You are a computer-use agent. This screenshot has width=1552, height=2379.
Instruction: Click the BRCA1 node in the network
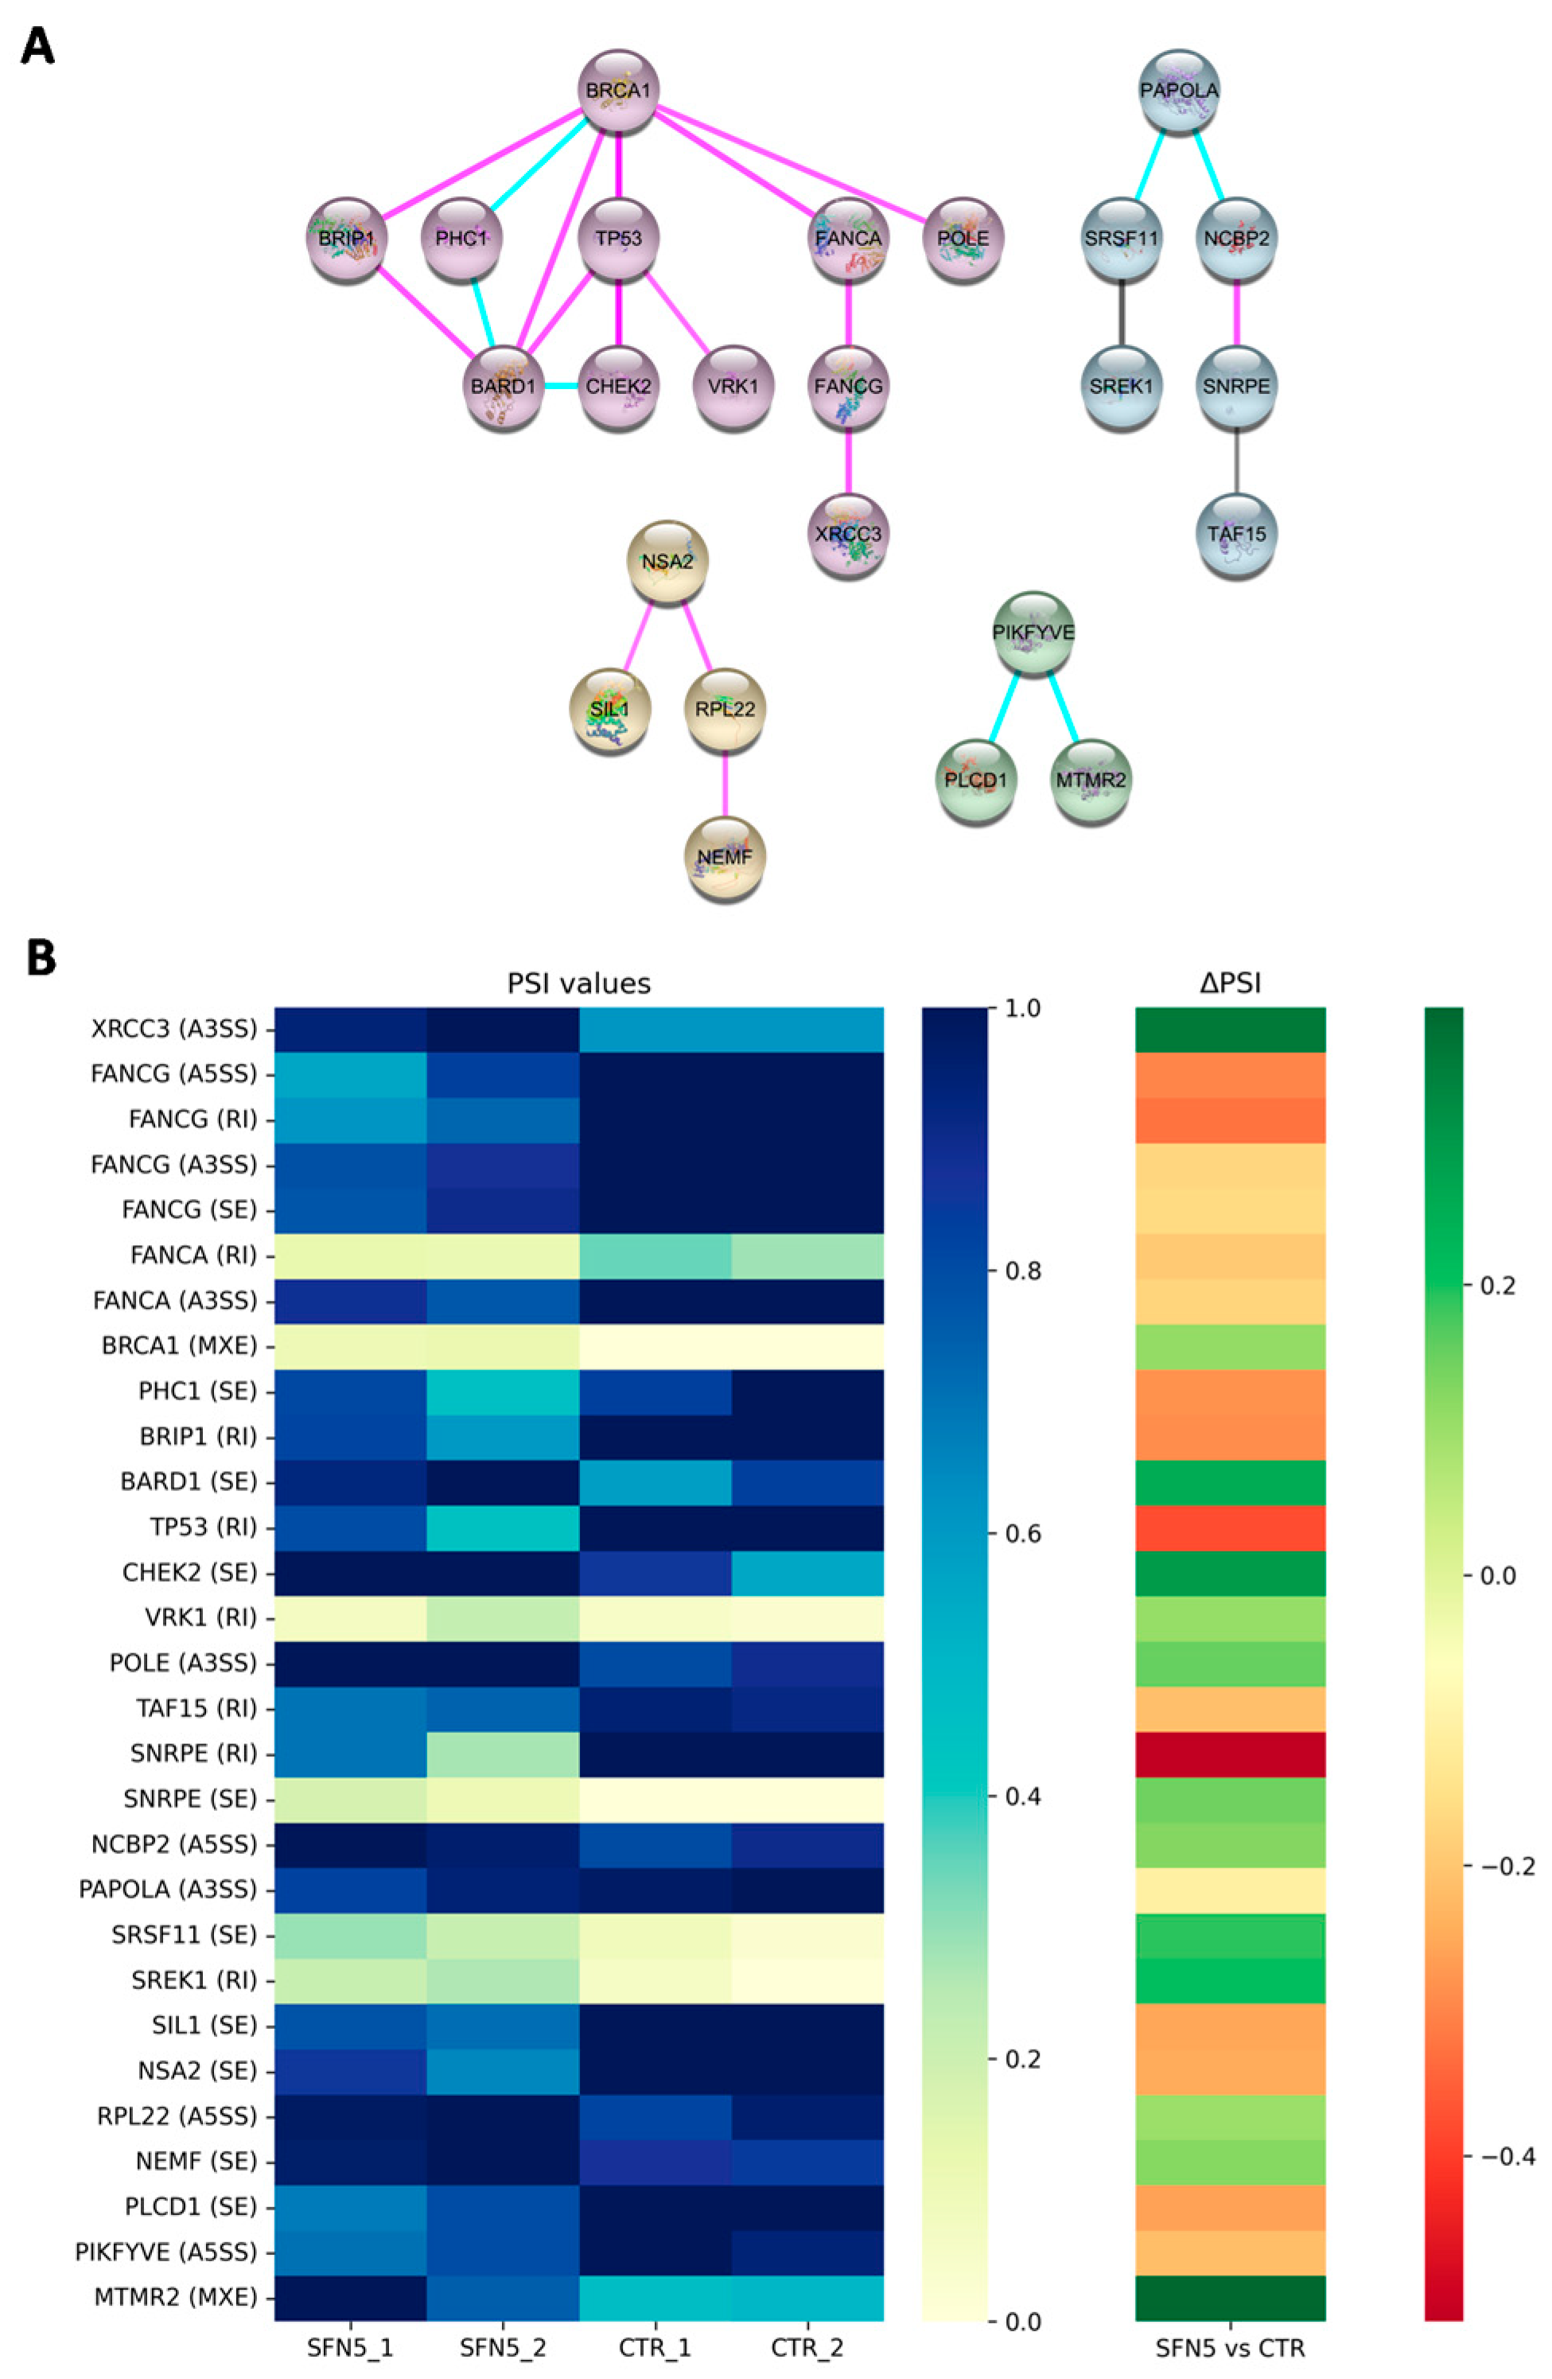619,91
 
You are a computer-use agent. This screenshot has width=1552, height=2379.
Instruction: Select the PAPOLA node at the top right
1179,91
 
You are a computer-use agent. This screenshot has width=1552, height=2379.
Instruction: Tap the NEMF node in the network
725,858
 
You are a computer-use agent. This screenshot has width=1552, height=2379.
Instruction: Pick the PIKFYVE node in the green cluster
1033,633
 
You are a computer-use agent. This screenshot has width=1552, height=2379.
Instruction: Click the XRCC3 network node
847,534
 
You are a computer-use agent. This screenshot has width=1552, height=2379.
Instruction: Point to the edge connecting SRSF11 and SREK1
1122,312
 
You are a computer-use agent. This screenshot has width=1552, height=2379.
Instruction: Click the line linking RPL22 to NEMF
725,784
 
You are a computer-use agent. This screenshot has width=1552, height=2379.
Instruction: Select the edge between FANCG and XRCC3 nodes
847,460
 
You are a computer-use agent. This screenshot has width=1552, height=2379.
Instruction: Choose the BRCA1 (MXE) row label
179,1345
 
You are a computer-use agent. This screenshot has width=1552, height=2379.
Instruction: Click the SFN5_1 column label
350,2347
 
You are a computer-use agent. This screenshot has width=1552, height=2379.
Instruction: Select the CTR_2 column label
807,2347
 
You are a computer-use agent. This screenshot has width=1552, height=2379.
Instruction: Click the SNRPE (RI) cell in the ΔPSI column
1230,1754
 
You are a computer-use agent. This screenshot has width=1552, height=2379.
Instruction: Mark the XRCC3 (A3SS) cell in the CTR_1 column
655,1029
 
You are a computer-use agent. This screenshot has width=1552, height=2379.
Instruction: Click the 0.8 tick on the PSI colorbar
1014,1271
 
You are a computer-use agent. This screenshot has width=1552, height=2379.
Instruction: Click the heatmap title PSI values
578,983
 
